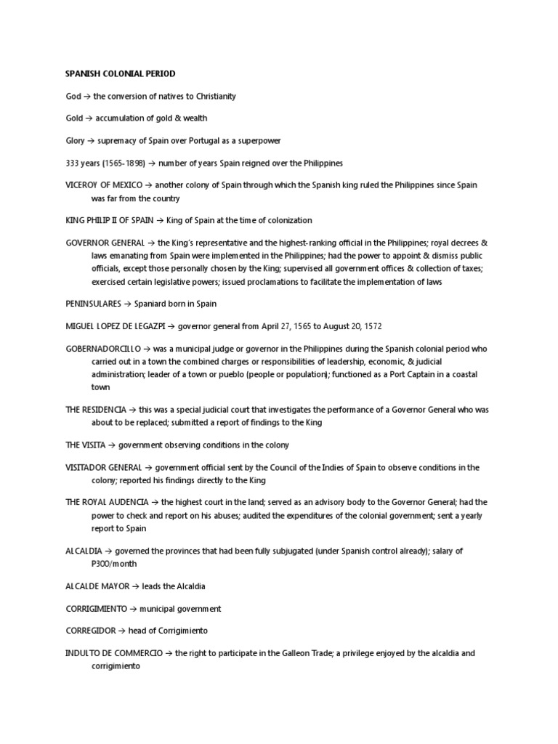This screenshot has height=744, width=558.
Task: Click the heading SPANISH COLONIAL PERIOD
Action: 120,74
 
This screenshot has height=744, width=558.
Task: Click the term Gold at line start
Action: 74,118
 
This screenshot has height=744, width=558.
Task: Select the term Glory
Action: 76,140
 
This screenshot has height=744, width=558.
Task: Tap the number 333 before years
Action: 72,163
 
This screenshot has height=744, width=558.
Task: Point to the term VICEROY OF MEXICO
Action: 103,185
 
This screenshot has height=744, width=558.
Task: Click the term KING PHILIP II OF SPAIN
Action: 109,220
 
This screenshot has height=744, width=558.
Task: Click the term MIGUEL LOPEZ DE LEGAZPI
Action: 116,326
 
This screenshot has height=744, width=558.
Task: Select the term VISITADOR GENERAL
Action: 103,468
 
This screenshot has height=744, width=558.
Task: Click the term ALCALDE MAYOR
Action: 95,586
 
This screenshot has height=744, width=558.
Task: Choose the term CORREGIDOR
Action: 91,631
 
